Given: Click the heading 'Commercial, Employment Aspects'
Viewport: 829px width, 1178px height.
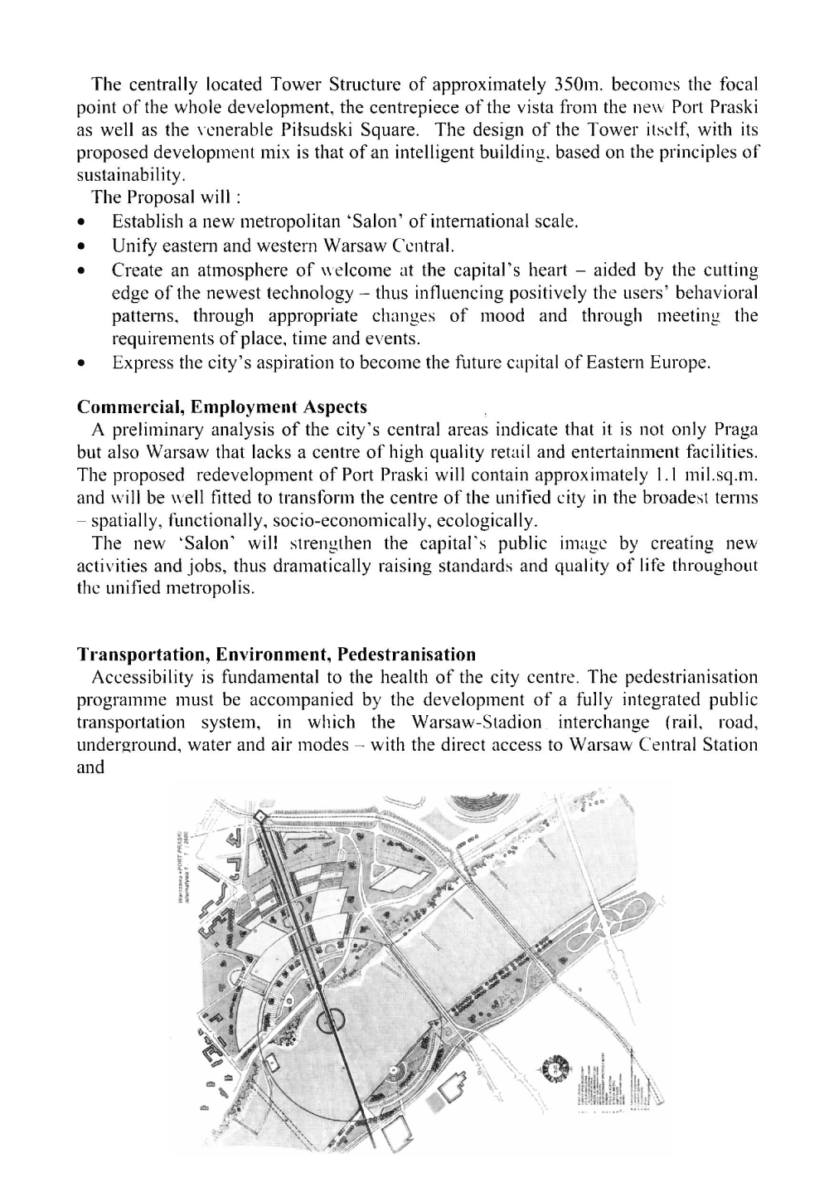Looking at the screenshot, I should [221, 408].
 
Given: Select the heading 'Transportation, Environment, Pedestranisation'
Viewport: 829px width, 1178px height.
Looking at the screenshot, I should [276, 655].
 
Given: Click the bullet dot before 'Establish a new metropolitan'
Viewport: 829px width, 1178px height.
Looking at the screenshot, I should [81, 222].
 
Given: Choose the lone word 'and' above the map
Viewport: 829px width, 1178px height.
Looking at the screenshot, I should [90, 767].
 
